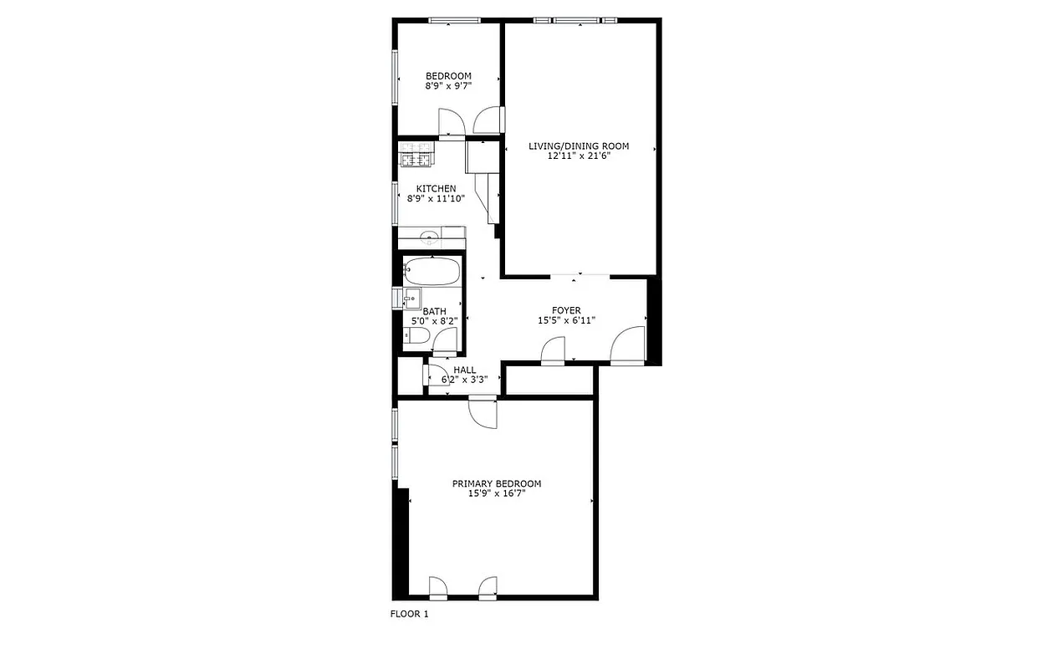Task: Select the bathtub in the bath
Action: pyautogui.click(x=432, y=272)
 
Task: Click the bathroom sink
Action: pyautogui.click(x=411, y=299)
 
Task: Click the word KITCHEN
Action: pyautogui.click(x=436, y=189)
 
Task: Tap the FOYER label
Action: pyautogui.click(x=566, y=311)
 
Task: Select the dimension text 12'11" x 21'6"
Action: pyautogui.click(x=578, y=156)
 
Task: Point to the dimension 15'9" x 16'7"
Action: pyautogui.click(x=496, y=494)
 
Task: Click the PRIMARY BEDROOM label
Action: pyautogui.click(x=496, y=484)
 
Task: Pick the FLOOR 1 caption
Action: pyautogui.click(x=409, y=615)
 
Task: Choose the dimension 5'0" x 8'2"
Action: pyautogui.click(x=434, y=321)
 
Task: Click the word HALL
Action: pyautogui.click(x=464, y=370)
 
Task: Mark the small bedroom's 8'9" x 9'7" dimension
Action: pyautogui.click(x=448, y=85)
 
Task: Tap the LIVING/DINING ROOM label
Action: pyautogui.click(x=578, y=146)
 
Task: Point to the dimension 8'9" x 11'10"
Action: pyautogui.click(x=436, y=199)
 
